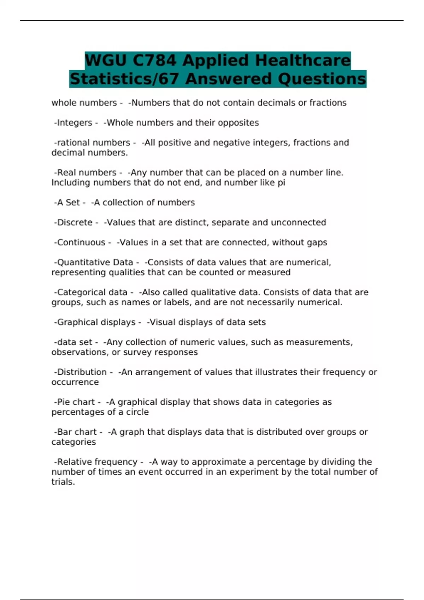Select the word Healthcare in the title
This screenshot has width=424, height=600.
tap(302, 60)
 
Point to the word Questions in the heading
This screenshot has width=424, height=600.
tap(322, 79)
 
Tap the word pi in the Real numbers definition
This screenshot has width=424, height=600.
tap(282, 183)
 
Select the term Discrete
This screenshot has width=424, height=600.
tap(75, 223)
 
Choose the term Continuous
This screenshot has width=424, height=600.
tap(81, 242)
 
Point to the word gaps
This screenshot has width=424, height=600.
tap(317, 242)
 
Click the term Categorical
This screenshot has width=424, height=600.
tap(79, 293)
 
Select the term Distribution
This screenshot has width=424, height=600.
tap(82, 372)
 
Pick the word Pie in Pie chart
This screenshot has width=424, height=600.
tap(64, 402)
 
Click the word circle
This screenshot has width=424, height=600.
tap(137, 412)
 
